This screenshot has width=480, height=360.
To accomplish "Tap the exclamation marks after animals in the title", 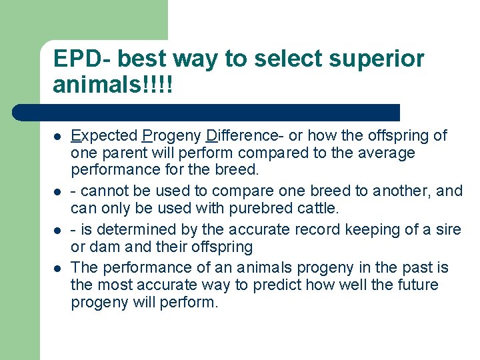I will point(160,85).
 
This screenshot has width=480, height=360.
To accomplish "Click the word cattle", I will point(317,209).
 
